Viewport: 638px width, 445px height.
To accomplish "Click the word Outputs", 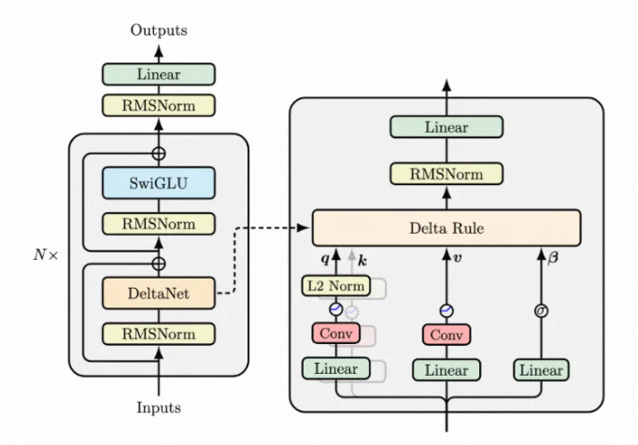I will tap(158, 30).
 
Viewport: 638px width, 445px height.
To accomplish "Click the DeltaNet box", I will tap(157, 294).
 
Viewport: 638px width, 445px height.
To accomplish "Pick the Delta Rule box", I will tap(447, 227).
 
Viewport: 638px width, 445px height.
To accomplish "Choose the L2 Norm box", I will tap(334, 285).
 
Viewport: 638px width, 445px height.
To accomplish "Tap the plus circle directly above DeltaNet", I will tap(158, 265).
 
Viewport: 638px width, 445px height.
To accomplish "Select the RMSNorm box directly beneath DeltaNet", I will tap(157, 333).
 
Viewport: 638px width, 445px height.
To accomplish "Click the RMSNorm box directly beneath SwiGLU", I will tap(157, 224).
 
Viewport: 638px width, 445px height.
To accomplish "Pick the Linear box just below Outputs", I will tap(157, 74).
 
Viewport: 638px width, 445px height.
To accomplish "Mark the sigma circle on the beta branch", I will tap(539, 310).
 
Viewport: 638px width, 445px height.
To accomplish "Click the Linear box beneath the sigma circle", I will tap(539, 370).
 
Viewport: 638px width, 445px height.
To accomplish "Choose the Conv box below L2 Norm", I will tap(334, 334).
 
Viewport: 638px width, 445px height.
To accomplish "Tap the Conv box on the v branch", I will tap(446, 334).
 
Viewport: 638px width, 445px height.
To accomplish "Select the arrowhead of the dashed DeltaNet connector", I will tap(306, 227).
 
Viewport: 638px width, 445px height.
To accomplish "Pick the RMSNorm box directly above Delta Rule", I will tap(446, 173).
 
